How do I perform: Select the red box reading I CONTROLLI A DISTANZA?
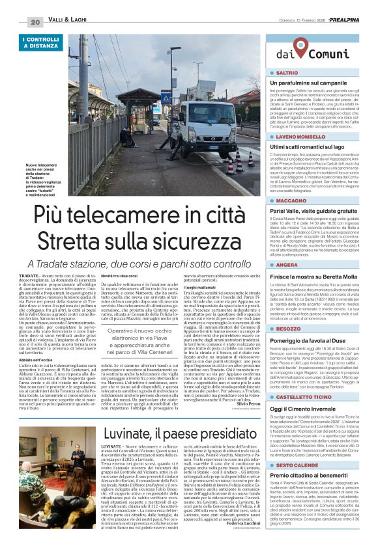(40, 44)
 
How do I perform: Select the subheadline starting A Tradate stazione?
(143, 264)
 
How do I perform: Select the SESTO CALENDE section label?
(296, 448)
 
